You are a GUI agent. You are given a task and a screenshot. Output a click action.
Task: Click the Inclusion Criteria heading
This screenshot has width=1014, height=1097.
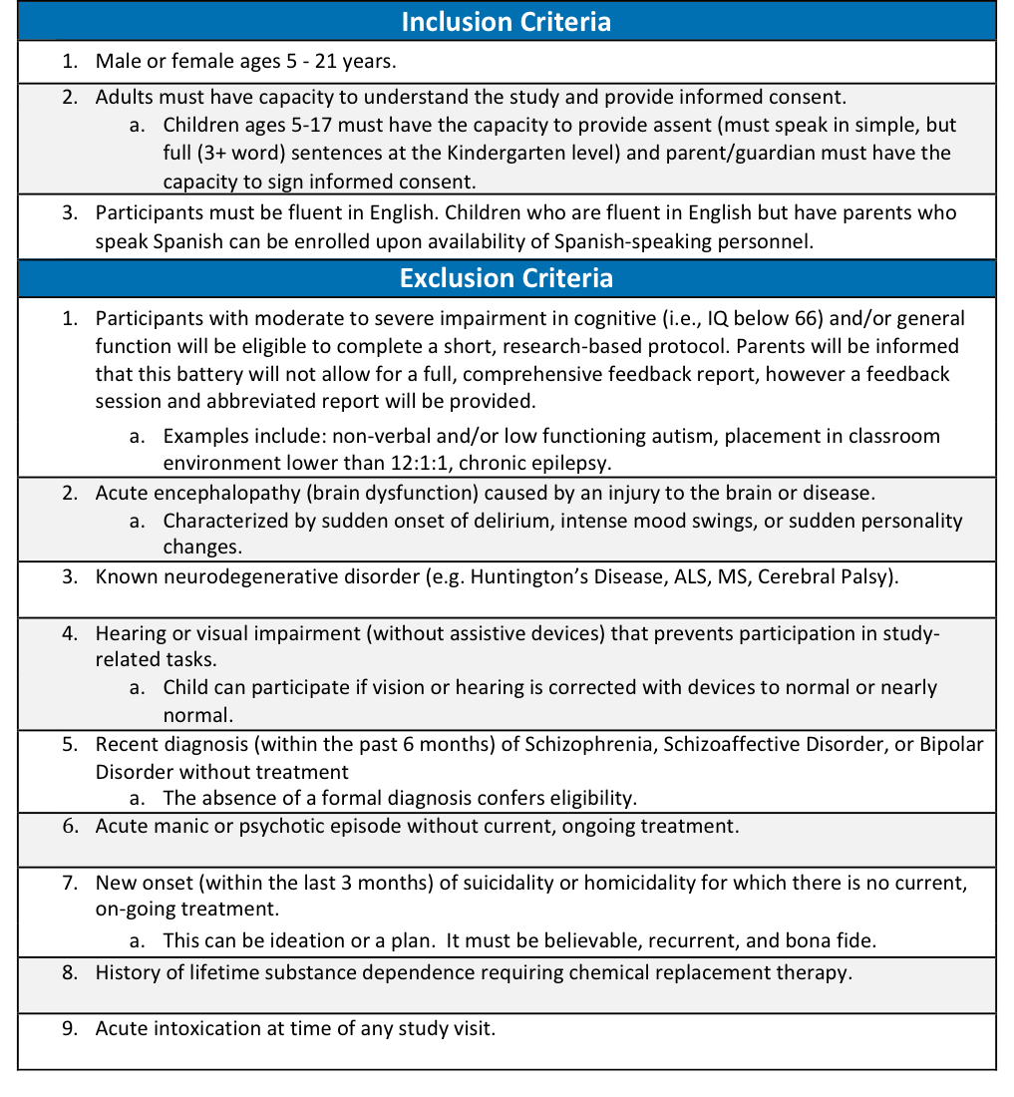pyautogui.click(x=506, y=22)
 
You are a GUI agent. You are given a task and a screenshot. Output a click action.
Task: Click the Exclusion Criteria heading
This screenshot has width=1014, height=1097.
pyautogui.click(x=506, y=278)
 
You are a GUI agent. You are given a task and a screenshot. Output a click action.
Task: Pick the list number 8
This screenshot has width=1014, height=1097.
pyautogui.click(x=69, y=973)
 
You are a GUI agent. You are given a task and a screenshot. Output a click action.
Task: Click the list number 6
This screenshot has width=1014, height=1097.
pyautogui.click(x=69, y=827)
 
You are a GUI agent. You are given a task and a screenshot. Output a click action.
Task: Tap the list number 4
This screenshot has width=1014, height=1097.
pyautogui.click(x=69, y=633)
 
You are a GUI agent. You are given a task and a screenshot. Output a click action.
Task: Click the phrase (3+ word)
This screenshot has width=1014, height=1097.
pyautogui.click(x=236, y=154)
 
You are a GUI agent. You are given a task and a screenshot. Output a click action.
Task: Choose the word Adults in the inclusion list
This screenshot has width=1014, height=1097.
pyautogui.click(x=125, y=98)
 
